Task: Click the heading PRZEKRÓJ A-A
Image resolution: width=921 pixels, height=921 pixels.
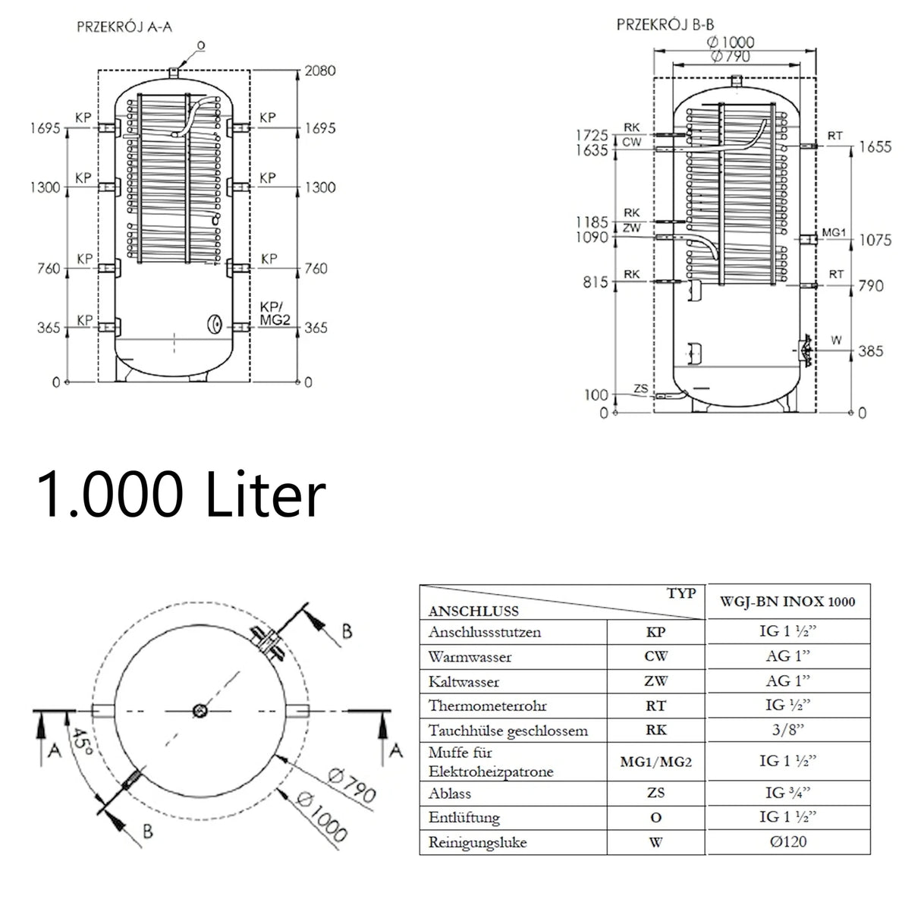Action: click(125, 26)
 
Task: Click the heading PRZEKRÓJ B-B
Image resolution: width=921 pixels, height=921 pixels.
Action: click(665, 25)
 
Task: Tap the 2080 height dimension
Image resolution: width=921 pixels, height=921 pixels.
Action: click(319, 71)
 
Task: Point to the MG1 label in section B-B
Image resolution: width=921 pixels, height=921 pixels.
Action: click(833, 233)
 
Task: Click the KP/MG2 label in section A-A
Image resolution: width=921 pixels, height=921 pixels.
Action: click(275, 313)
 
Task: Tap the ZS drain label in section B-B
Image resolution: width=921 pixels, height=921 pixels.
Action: click(640, 389)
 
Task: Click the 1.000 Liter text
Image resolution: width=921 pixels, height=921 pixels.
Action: click(181, 495)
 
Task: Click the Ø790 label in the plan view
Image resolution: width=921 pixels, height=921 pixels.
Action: click(352, 785)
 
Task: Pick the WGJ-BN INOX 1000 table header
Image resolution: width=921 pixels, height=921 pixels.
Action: click(789, 602)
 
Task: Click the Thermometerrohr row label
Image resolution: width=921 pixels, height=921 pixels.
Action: click(477, 706)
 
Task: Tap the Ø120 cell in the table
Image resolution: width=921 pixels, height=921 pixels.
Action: click(788, 841)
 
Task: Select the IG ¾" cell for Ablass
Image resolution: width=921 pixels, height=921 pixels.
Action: click(788, 793)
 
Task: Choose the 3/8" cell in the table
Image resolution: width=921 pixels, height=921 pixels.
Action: click(788, 730)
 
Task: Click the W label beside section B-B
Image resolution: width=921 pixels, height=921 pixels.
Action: click(836, 341)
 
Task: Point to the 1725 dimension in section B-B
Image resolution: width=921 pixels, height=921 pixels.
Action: click(593, 135)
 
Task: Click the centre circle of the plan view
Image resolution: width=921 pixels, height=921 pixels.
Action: click(200, 711)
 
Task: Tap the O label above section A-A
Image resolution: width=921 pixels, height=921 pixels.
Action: click(200, 46)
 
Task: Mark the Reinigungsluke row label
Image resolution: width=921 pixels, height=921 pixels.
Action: click(477, 842)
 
